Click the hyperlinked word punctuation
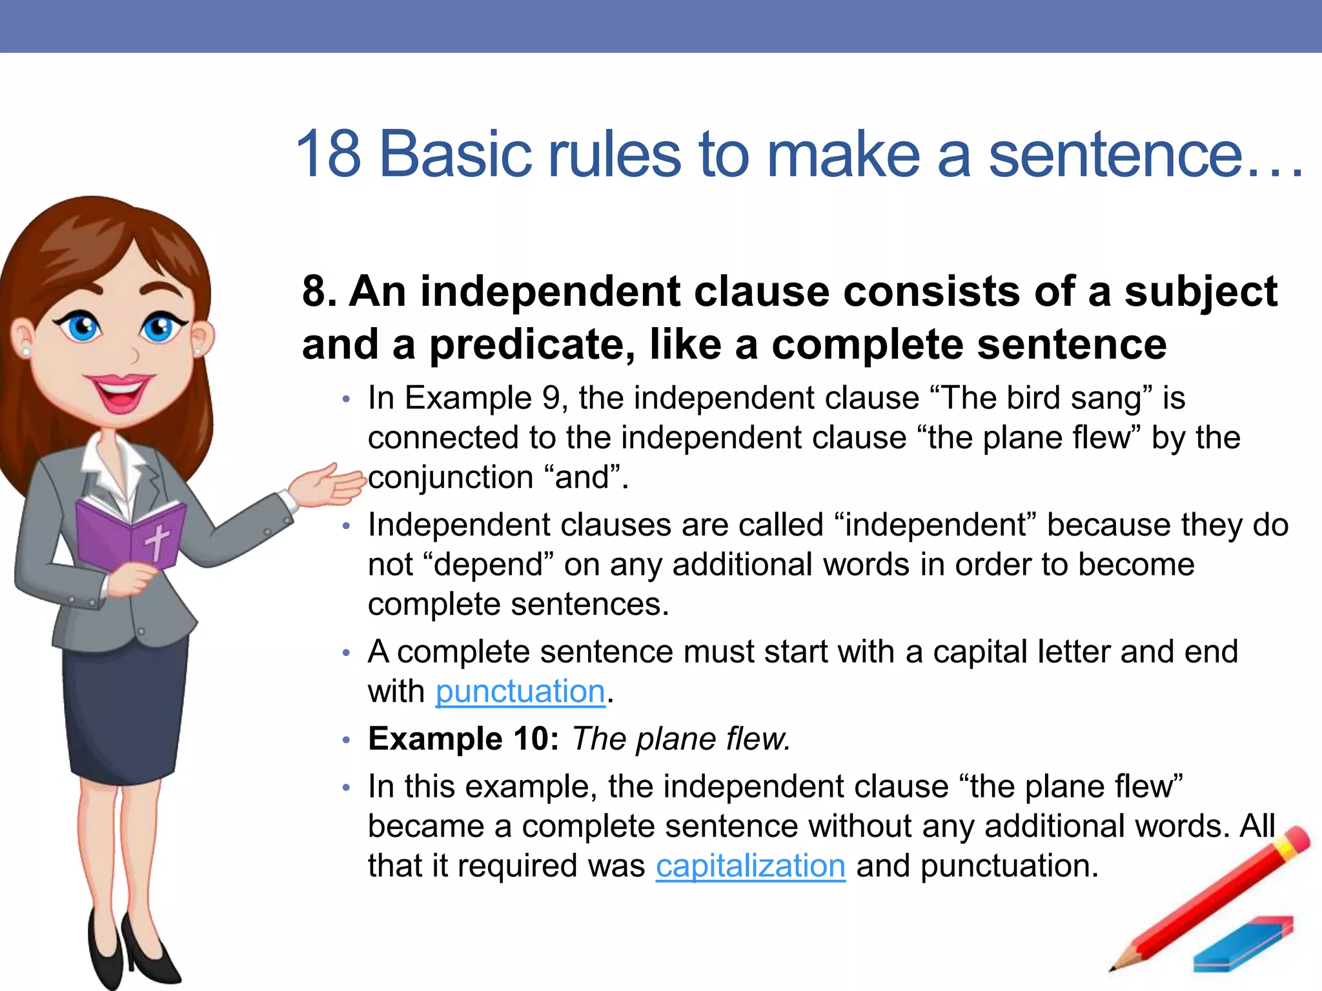click(520, 692)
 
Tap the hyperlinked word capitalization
click(750, 866)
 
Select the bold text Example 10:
click(463, 739)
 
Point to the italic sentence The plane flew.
click(680, 739)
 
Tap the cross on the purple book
click(157, 541)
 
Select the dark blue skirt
click(126, 710)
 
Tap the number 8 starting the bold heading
click(314, 292)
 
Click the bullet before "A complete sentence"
click(346, 654)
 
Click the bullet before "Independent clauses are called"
click(346, 526)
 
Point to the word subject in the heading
click(1201, 292)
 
